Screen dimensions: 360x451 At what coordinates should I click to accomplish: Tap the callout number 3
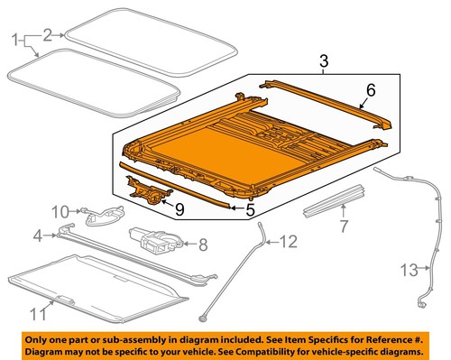[323, 61]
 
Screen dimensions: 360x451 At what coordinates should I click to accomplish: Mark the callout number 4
[37, 236]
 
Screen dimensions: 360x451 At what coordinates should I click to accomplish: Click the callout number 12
[287, 241]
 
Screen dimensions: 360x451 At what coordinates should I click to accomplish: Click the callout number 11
[37, 316]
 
